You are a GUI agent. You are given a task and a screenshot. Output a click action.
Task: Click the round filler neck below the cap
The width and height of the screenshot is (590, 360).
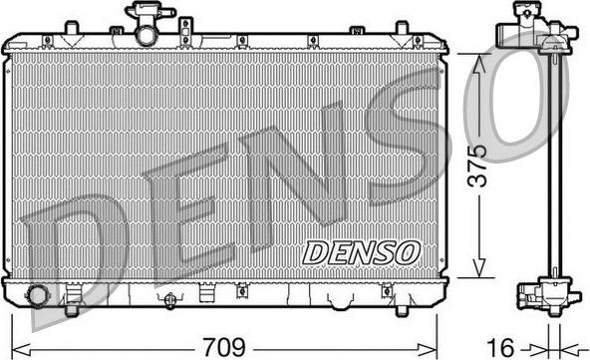147,35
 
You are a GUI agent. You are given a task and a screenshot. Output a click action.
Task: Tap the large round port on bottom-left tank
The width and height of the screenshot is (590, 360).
39,295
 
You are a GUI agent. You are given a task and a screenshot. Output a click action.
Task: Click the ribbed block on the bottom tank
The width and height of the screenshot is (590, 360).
207,295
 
